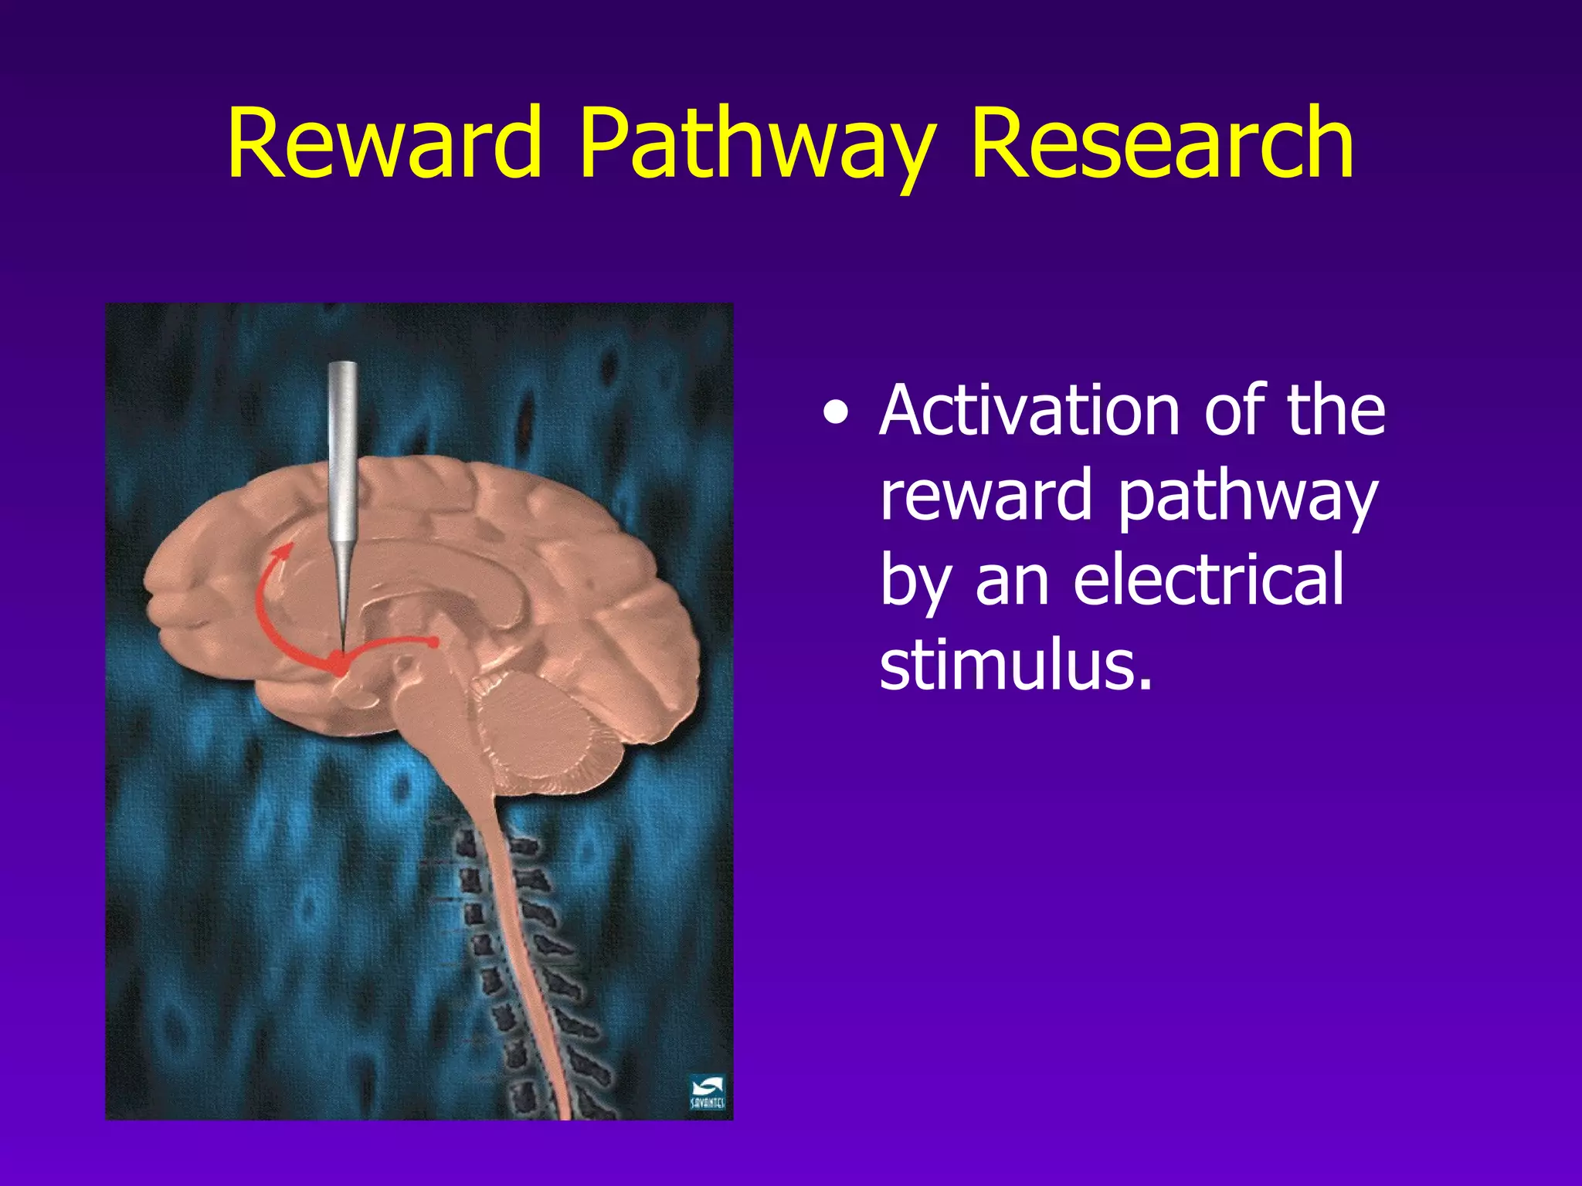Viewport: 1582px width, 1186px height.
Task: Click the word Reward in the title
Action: pyautogui.click(x=384, y=144)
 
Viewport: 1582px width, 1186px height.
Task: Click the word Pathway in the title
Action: pyautogui.click(x=756, y=147)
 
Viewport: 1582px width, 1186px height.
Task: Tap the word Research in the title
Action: pyautogui.click(x=1161, y=144)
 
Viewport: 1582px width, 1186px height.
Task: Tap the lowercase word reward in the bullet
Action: pyautogui.click(x=986, y=495)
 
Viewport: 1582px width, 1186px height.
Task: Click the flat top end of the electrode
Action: pyautogui.click(x=342, y=365)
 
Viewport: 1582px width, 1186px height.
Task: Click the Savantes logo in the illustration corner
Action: pyautogui.click(x=707, y=1092)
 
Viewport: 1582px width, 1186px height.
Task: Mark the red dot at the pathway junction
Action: pyautogui.click(x=338, y=663)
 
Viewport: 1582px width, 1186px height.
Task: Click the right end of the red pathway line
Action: pyautogui.click(x=434, y=642)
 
